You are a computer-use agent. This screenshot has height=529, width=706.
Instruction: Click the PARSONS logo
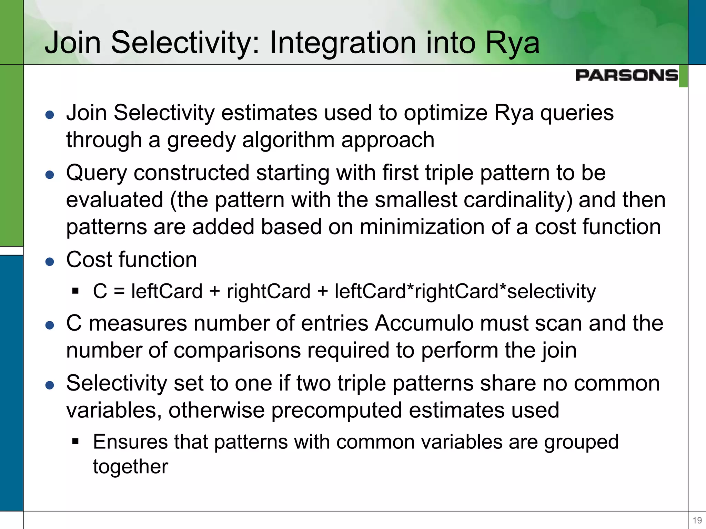point(626,75)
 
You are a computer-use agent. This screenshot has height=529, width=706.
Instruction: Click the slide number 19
point(697,520)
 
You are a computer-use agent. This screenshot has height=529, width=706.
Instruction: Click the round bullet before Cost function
point(50,262)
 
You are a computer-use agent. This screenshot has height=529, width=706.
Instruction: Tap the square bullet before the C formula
point(75,291)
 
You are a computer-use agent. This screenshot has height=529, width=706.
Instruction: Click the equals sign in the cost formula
point(119,291)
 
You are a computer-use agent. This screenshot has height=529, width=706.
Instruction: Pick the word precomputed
point(337,410)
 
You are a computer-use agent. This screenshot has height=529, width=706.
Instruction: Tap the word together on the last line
point(130,467)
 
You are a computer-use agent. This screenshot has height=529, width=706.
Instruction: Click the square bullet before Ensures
point(75,442)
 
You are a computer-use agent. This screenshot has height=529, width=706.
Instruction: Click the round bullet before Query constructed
point(50,175)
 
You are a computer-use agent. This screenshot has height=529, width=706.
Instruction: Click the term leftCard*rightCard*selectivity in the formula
point(465,291)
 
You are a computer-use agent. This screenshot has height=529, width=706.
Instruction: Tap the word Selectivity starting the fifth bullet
point(117,383)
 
